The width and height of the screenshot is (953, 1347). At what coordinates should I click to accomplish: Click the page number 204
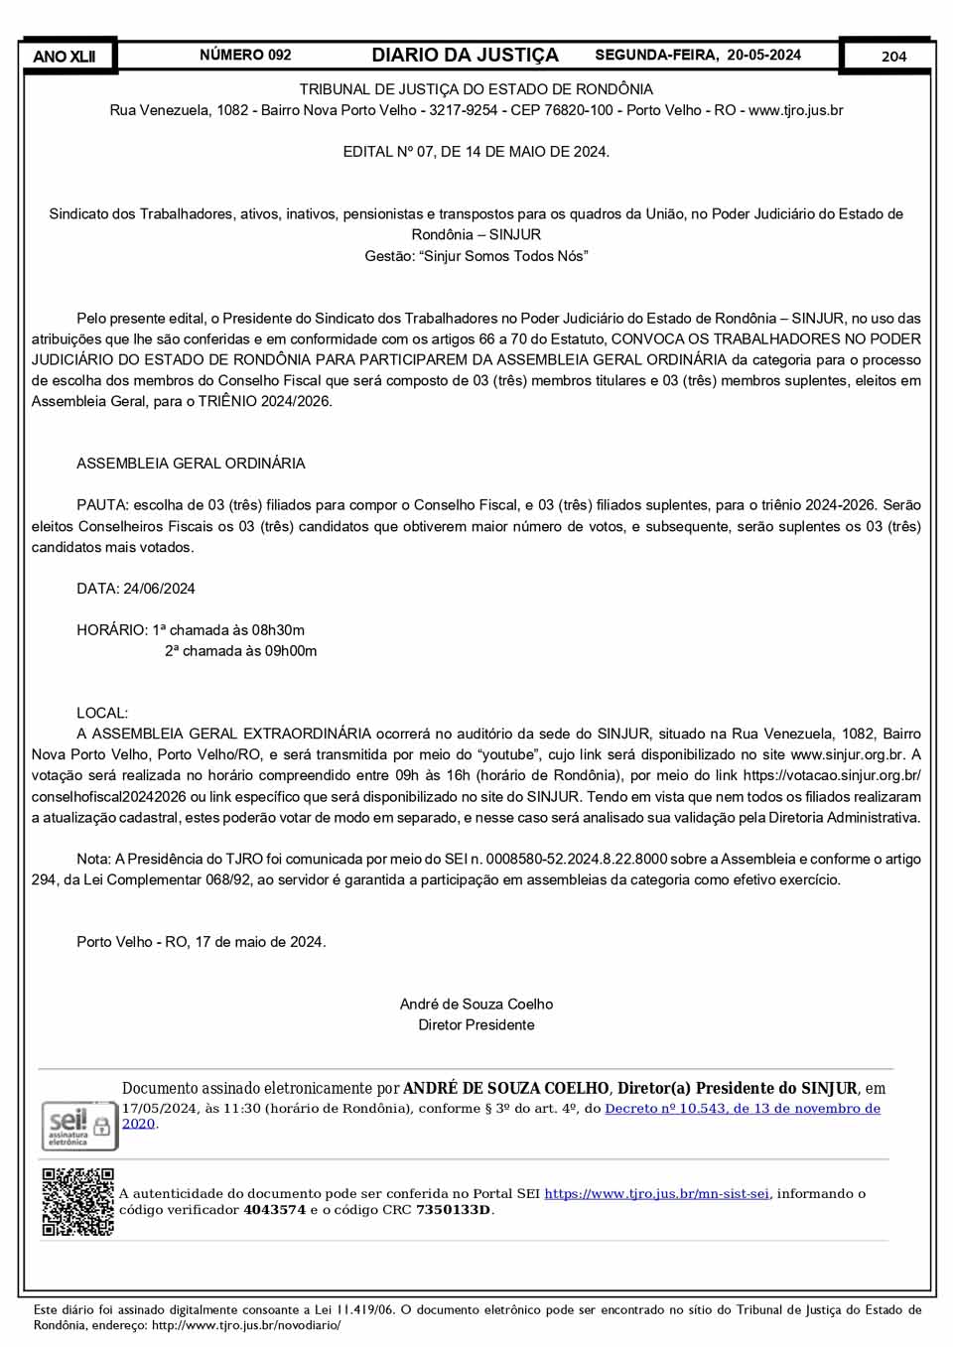tap(893, 57)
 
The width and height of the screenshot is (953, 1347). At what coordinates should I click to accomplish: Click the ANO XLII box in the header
tap(65, 57)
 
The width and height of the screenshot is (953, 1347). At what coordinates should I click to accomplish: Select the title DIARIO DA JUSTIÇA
tap(465, 56)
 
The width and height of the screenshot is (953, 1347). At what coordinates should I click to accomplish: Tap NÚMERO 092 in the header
tap(245, 56)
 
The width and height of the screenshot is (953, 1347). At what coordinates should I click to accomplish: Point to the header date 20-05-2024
tap(763, 56)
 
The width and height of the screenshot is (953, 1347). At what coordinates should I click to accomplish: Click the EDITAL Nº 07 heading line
tap(476, 152)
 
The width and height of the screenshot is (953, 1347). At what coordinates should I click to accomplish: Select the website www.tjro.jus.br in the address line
tap(795, 110)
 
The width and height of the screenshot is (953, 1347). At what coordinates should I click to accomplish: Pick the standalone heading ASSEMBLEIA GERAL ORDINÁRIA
tap(191, 464)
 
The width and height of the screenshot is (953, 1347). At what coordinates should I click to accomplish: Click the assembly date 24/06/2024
tap(159, 589)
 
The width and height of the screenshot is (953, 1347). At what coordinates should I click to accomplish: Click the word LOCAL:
tap(102, 713)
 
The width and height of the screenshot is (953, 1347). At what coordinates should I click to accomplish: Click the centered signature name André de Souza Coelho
tap(476, 1005)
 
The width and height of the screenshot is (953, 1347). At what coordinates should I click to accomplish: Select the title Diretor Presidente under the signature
tap(476, 1025)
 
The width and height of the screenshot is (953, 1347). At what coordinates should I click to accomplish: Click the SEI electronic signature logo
tap(76, 1126)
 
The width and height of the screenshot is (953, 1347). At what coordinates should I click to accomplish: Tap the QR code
tap(77, 1202)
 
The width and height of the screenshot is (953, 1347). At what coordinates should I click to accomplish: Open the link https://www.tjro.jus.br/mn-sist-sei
tap(656, 1194)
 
